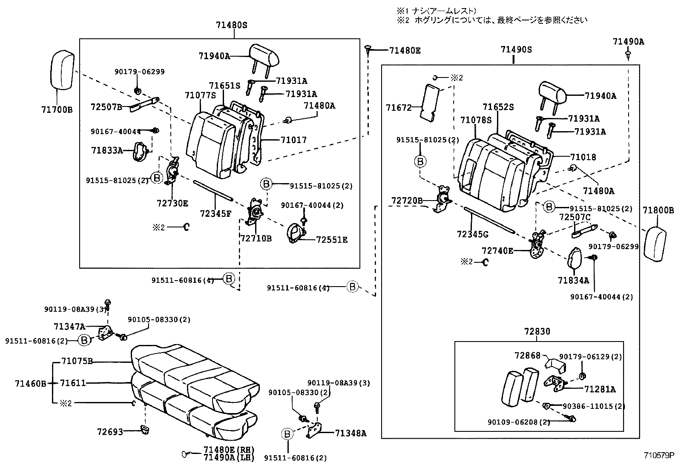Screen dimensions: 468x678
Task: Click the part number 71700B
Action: click(57, 109)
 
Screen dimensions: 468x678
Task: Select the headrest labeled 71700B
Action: click(62, 70)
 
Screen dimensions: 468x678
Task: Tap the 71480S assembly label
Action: click(231, 25)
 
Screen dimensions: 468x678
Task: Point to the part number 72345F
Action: click(216, 213)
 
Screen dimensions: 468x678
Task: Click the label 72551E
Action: click(332, 240)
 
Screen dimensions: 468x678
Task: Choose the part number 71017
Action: click(293, 140)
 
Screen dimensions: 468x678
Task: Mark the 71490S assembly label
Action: click(516, 50)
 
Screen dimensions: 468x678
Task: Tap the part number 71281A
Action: click(600, 389)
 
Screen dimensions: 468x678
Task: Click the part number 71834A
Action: click(573, 280)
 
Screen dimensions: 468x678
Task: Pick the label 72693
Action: click(110, 432)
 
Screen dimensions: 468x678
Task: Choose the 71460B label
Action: click(30, 383)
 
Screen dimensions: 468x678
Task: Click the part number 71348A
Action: click(350, 434)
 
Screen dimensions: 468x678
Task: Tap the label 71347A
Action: click(69, 327)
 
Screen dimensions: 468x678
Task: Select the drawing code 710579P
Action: click(659, 455)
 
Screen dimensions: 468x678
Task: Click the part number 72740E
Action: click(497, 251)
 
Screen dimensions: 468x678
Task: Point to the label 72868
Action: click(527, 355)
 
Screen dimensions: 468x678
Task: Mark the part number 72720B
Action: click(407, 200)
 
